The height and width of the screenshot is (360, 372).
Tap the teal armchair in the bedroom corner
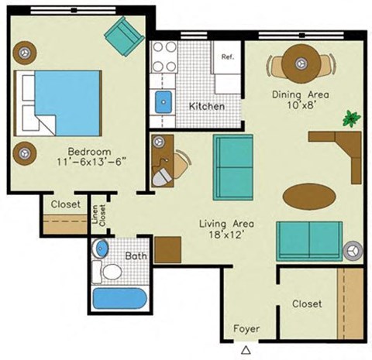click(x=125, y=35)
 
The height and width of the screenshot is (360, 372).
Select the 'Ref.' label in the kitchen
click(x=228, y=57)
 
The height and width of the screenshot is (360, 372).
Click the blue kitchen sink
click(x=164, y=101)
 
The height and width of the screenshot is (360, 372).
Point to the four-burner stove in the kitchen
click(x=164, y=57)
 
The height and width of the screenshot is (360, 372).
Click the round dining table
click(x=299, y=64)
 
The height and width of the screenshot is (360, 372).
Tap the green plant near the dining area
click(x=353, y=119)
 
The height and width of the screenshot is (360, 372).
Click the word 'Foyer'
click(x=247, y=329)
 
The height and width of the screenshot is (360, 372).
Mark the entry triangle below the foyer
click(x=246, y=349)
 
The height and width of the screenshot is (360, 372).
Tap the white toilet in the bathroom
click(x=110, y=272)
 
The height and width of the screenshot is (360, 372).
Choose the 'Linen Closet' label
click(x=98, y=213)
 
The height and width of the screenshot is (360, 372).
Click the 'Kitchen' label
click(x=207, y=106)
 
